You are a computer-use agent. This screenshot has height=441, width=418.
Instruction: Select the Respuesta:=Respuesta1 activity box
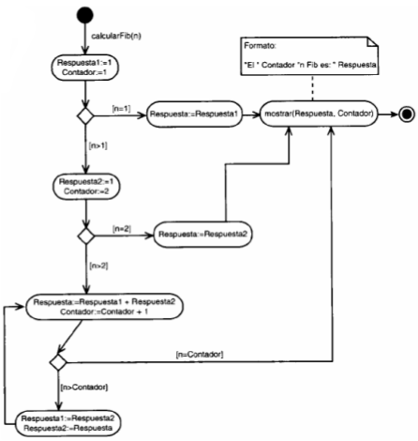187,114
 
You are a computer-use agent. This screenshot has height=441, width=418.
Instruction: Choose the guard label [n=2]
123,226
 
